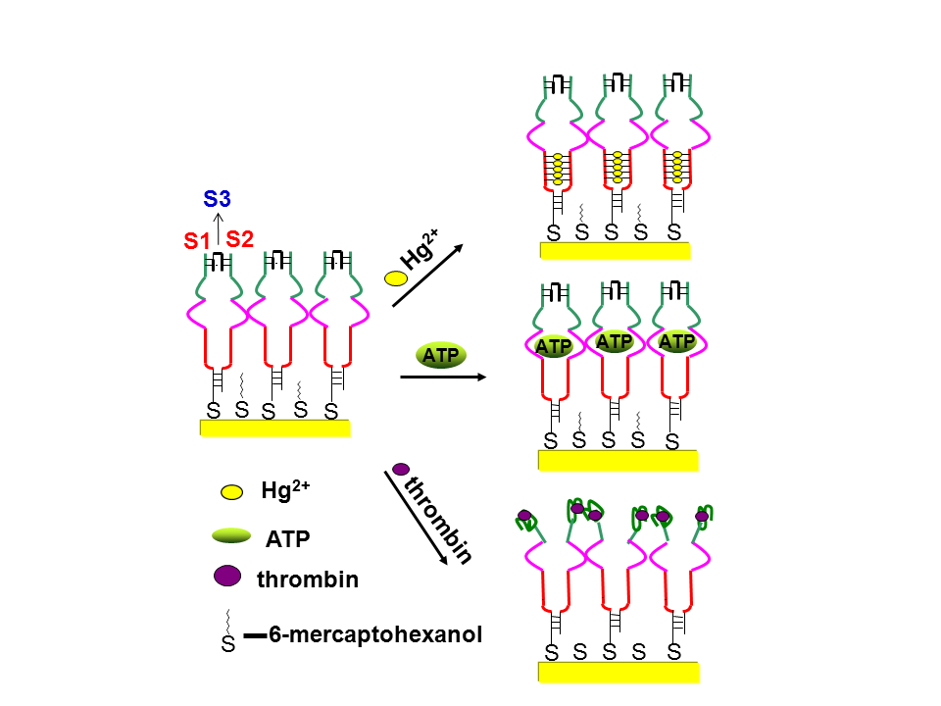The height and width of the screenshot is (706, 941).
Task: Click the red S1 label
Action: pos(196,240)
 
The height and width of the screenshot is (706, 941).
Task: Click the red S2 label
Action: pos(240,238)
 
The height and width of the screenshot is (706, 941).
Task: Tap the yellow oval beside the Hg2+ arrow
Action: pos(396,277)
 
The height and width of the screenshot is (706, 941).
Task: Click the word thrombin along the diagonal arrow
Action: pos(439,520)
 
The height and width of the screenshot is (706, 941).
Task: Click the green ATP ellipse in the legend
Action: pos(232,535)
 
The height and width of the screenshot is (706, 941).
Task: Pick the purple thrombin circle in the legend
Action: pos(227,577)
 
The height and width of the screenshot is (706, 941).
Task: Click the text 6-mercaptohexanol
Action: pos(375,635)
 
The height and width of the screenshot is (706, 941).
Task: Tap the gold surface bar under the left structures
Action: pos(274,428)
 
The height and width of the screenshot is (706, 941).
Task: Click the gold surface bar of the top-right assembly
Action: pos(615,250)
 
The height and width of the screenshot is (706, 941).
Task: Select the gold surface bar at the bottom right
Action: pos(619,671)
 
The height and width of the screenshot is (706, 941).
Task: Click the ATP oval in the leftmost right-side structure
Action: pos(553,345)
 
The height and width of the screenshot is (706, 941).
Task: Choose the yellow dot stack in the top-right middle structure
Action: pos(617,168)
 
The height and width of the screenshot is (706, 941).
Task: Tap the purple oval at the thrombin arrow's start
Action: pos(401,469)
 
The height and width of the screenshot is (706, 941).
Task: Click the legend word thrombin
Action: pos(308,580)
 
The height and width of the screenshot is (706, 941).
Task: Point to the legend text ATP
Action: pos(287,537)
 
